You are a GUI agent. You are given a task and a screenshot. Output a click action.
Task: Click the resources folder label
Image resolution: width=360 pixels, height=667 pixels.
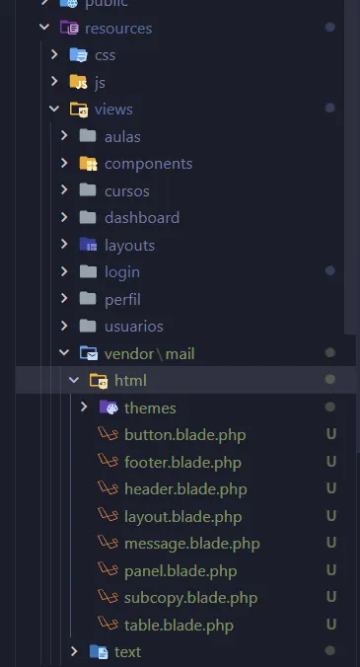tap(118, 28)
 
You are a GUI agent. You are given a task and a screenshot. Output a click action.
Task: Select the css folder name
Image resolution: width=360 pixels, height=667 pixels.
tap(105, 55)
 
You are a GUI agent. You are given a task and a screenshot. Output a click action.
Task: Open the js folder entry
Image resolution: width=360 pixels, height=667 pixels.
tap(100, 82)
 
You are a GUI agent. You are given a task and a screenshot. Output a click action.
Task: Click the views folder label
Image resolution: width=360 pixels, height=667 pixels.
tap(113, 110)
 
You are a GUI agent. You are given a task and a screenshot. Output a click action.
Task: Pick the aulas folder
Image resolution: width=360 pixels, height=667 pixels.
tap(122, 136)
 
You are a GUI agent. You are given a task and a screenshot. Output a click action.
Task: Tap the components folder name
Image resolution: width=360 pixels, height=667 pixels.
tap(148, 164)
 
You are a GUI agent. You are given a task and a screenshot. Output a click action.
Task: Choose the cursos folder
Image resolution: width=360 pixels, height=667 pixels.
tap(128, 190)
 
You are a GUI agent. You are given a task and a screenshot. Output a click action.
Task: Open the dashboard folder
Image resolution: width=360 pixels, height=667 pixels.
tap(142, 218)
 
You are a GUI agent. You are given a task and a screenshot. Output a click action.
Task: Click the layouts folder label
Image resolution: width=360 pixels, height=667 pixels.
tap(129, 245)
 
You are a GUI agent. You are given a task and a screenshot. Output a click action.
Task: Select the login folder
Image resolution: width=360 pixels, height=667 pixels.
tap(122, 271)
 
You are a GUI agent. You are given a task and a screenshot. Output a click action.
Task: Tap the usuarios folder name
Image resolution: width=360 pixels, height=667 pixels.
tap(134, 326)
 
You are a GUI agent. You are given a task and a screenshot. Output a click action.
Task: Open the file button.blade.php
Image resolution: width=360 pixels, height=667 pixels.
tap(184, 434)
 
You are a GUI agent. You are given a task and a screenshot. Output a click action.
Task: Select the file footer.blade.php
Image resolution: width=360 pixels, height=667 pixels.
tap(182, 462)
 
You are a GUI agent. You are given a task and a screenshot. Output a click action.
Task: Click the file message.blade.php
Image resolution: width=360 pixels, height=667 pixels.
tap(192, 543)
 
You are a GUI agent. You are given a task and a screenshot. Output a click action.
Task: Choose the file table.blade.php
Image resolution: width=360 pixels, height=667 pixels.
tap(179, 625)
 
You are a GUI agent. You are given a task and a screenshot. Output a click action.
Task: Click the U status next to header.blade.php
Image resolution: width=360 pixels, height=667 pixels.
tap(331, 488)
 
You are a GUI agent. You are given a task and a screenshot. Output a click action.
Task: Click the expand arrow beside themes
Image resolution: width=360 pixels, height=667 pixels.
tap(84, 407)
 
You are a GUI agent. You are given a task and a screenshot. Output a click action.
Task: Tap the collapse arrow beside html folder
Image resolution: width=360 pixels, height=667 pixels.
tap(73, 380)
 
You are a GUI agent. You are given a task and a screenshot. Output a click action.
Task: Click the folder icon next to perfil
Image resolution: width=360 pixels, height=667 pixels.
tap(87, 298)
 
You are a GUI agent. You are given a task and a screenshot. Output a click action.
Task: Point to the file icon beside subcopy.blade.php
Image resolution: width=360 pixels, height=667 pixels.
tap(107, 597)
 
